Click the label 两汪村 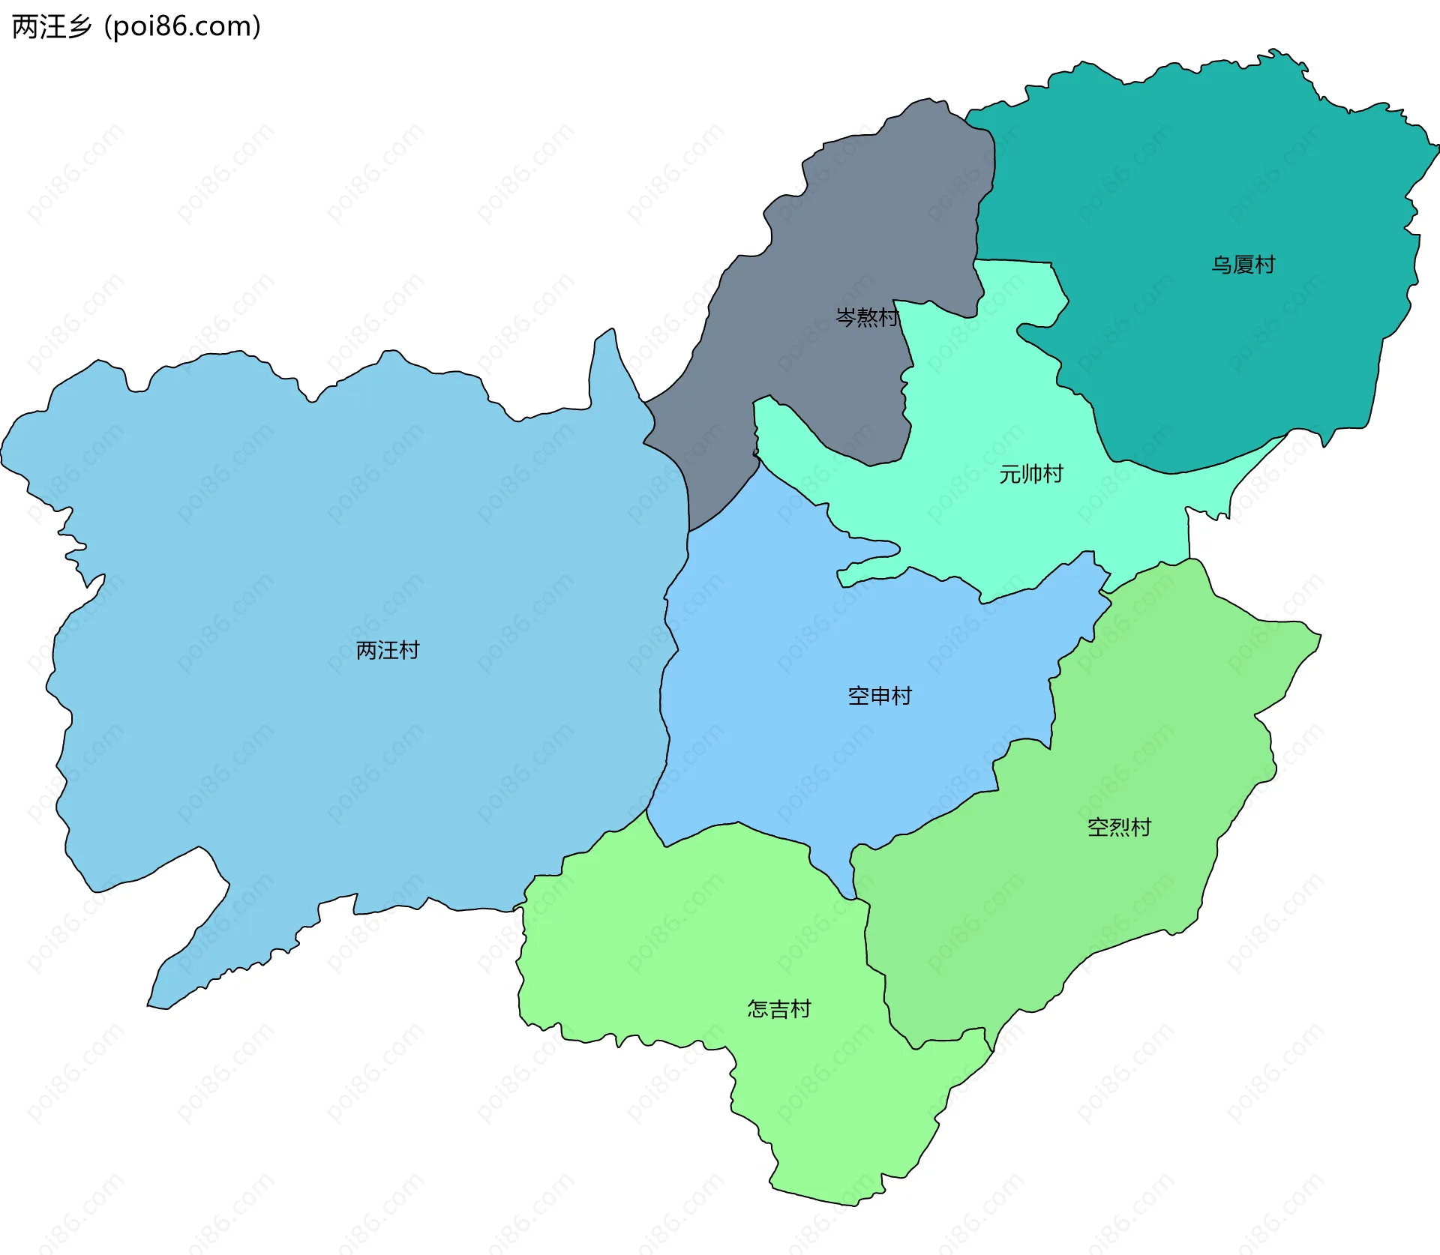(387, 650)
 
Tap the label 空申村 (879, 696)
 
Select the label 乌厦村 (1243, 265)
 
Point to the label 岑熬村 (867, 317)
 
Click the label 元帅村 (1030, 474)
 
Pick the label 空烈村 (1119, 827)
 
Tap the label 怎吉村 (778, 1009)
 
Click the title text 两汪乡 (51, 27)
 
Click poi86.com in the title (182, 27)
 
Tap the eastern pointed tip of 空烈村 (1317, 637)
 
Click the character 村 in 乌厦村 (1264, 265)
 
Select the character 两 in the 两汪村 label (366, 650)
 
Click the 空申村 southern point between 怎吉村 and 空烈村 (850, 894)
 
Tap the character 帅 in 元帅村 (1030, 474)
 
